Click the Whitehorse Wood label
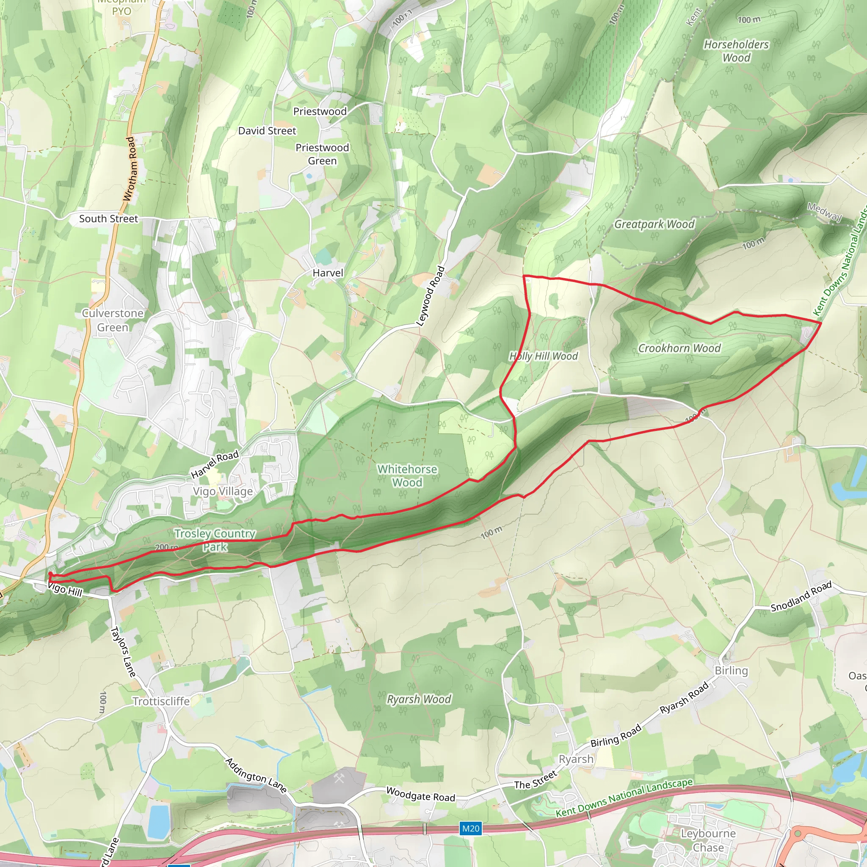point(406,476)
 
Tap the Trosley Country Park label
point(215,540)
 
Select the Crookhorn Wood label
point(679,348)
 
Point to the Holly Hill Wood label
point(544,356)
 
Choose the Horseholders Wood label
point(736,51)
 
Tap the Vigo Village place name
point(223,491)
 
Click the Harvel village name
point(328,273)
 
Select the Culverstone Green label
point(113,320)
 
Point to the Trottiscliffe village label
point(161,701)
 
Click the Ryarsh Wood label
point(419,699)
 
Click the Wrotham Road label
point(130,169)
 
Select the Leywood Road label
point(431,296)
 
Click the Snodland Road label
point(801,596)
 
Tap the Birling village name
point(731,671)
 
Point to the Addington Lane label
point(256,776)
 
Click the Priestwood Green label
point(322,154)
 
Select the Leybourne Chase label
point(708,840)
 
